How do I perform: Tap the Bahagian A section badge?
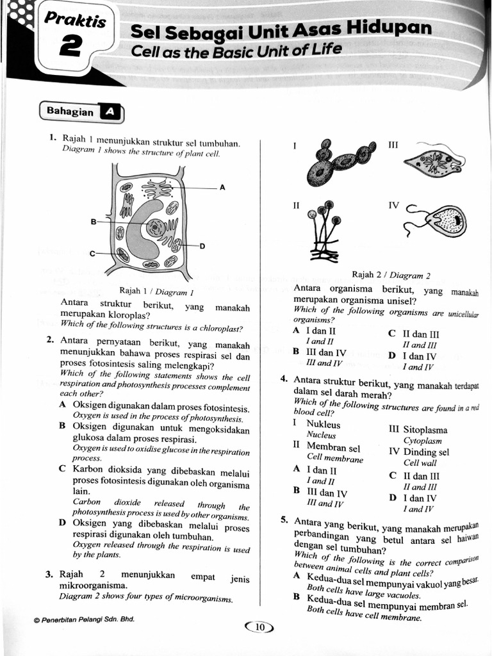81,112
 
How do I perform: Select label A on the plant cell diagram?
222,188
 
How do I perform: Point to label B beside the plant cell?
94,222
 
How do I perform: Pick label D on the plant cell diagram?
202,246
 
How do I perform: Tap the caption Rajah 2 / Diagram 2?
391,275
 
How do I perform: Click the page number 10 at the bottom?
259,627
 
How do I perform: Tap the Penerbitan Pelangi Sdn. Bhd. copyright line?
84,619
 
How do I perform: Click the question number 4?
283,379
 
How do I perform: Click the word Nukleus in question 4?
324,424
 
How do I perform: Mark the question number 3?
49,574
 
